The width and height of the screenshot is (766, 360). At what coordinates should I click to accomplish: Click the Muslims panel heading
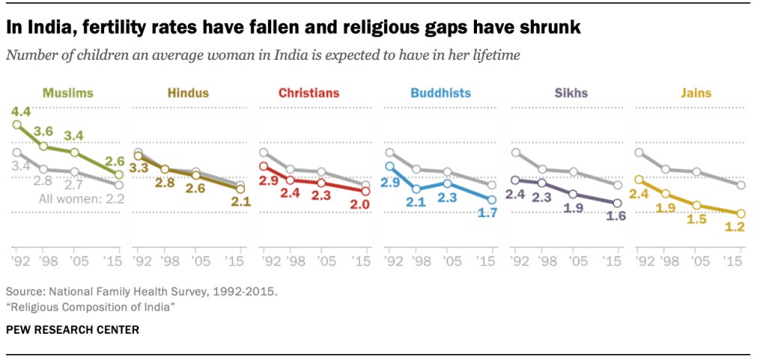click(x=67, y=94)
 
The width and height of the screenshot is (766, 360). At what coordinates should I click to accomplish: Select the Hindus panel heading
click(x=188, y=94)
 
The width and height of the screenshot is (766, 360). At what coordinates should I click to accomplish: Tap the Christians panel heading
click(x=308, y=94)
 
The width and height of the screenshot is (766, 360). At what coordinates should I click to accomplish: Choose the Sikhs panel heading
click(x=571, y=94)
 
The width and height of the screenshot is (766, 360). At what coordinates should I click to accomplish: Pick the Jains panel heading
click(x=696, y=94)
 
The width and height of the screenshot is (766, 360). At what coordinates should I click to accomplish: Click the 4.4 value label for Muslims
click(x=20, y=112)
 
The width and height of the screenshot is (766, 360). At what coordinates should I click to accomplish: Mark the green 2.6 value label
click(x=115, y=161)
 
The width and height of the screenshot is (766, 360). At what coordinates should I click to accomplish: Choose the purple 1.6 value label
click(x=617, y=217)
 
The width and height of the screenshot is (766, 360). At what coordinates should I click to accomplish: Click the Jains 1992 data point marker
click(x=639, y=180)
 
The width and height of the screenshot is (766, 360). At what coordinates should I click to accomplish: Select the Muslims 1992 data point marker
click(x=17, y=124)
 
